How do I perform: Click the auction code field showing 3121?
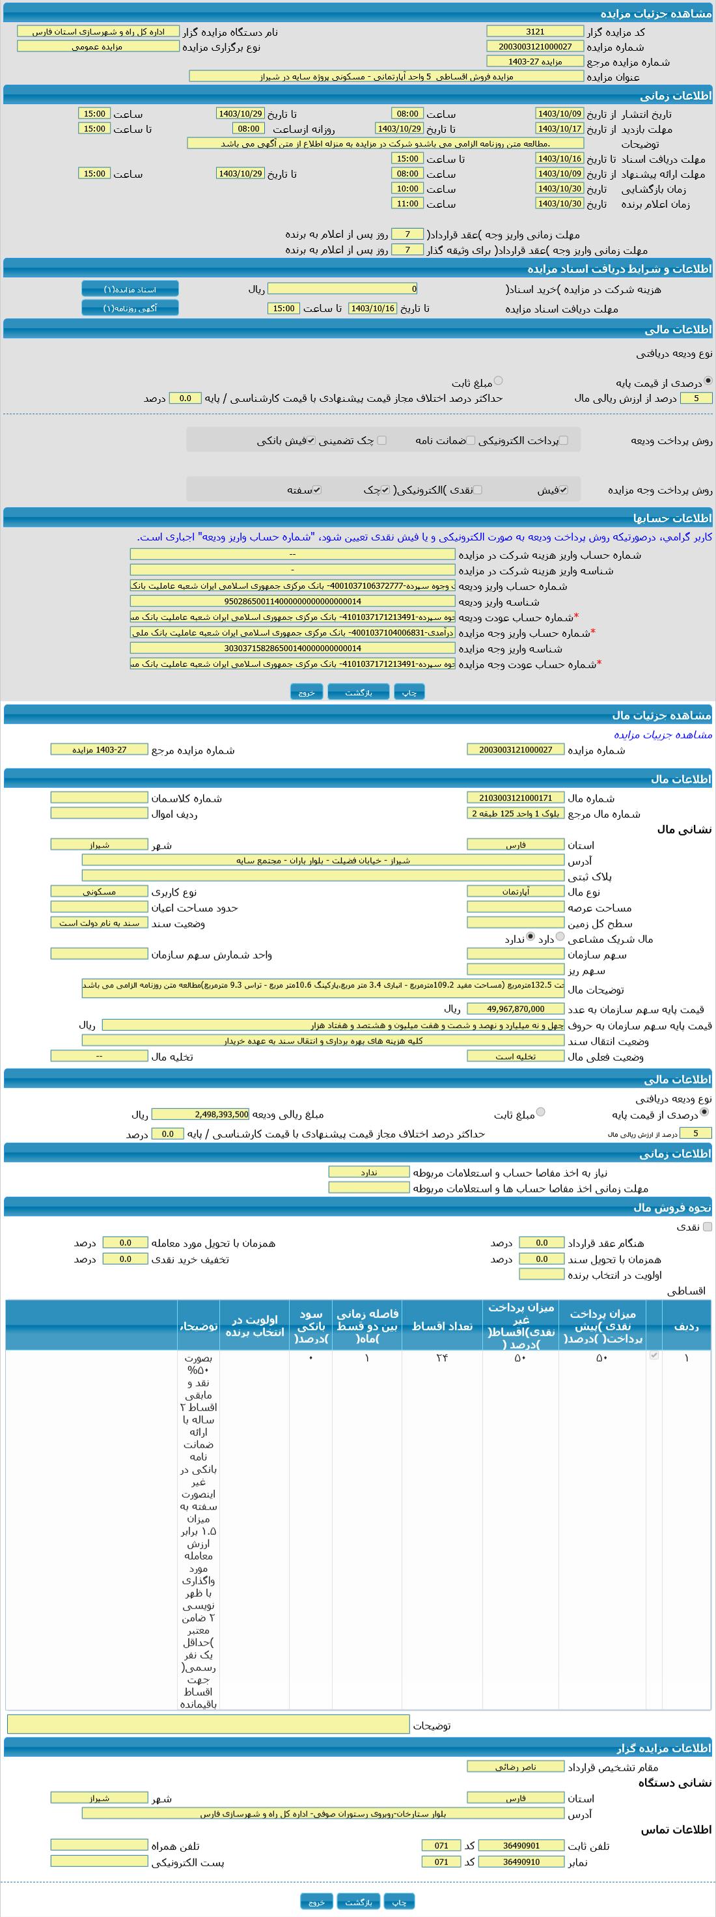[534, 31]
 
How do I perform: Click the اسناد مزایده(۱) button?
[130, 288]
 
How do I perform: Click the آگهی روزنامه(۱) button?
[130, 308]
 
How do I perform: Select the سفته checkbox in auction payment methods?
[317, 490]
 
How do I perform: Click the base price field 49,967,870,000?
[515, 1009]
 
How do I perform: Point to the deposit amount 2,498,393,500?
[200, 1115]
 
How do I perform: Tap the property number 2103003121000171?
[515, 798]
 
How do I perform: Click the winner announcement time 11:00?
[407, 203]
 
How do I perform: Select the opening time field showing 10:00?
[407, 188]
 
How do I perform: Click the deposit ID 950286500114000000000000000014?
[292, 601]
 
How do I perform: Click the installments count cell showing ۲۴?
[442, 1358]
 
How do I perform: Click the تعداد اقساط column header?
[442, 1325]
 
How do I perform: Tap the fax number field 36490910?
[521, 1862]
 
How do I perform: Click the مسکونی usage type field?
[99, 891]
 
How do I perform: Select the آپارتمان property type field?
[515, 891]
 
